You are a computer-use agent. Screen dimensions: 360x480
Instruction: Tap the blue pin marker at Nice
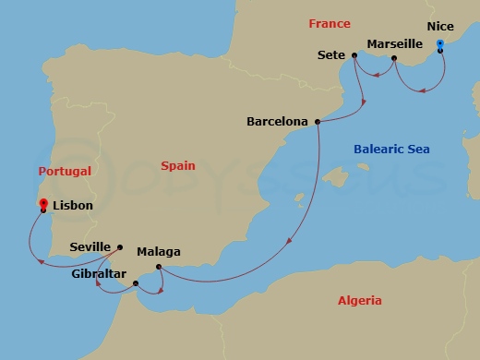coord(439,43)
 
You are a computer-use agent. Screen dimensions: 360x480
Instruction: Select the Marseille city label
coord(394,43)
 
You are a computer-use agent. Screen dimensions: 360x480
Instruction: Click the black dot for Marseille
coord(394,59)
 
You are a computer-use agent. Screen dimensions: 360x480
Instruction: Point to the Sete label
coord(331,55)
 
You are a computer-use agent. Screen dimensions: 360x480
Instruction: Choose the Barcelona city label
coord(278,121)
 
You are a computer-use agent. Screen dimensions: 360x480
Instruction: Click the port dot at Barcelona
coord(318,121)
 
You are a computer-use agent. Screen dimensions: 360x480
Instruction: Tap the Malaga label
coord(158,251)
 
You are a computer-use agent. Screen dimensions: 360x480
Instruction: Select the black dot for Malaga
coord(159,268)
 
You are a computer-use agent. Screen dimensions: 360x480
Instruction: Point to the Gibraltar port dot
coord(137,283)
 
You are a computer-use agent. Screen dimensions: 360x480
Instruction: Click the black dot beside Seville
coord(120,246)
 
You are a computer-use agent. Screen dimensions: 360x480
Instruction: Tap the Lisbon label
coord(73,205)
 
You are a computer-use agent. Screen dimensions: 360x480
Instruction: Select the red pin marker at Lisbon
coord(42,203)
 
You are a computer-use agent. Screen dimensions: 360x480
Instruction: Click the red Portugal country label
coord(65,172)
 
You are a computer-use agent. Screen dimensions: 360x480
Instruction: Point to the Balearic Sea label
coord(391,149)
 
